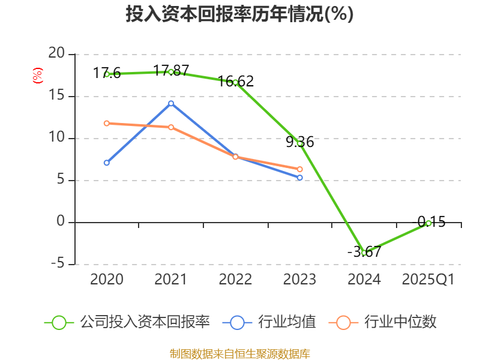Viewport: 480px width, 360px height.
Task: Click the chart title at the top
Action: coord(239,14)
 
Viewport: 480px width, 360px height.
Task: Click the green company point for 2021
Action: coord(171,72)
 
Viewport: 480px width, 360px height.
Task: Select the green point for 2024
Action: coord(364,253)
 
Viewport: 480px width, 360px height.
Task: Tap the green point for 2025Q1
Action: coord(428,223)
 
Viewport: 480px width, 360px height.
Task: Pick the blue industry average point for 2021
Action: coord(171,103)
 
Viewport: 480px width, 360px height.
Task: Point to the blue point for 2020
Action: coord(107,163)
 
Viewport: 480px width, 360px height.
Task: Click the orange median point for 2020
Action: coord(107,123)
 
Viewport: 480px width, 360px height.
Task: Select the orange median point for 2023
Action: coord(299,169)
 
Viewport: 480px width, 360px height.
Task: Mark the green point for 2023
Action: coord(299,143)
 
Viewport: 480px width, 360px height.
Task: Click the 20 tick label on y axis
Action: coord(56,54)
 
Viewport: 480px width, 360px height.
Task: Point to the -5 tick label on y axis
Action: coord(56,264)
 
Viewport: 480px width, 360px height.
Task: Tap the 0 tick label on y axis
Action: coord(60,222)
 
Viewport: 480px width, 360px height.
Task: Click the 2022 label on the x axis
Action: coord(235,280)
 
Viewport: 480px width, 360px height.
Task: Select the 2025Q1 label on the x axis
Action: coord(428,280)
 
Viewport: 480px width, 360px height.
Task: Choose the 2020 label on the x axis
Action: coord(107,280)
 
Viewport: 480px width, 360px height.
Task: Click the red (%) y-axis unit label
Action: coord(37,76)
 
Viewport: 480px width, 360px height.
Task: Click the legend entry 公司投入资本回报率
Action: coord(145,322)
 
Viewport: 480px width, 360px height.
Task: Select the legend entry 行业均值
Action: coord(287,322)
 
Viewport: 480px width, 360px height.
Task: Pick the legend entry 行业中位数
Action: coord(402,322)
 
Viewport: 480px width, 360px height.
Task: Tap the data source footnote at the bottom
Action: coord(239,353)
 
